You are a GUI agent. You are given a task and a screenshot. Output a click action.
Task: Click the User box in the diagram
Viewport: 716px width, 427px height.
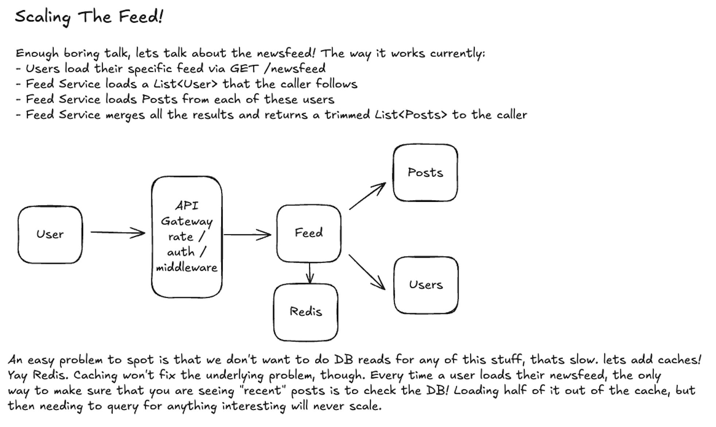pyautogui.click(x=50, y=234)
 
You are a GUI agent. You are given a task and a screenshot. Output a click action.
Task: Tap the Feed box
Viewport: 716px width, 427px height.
pyautogui.click(x=308, y=233)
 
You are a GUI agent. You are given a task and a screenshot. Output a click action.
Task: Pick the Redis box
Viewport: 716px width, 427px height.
pyautogui.click(x=306, y=312)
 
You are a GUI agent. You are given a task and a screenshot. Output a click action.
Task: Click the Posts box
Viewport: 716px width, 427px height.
pyautogui.click(x=425, y=173)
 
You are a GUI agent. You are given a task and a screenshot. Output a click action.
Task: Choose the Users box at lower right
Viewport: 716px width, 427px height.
pyautogui.click(x=425, y=285)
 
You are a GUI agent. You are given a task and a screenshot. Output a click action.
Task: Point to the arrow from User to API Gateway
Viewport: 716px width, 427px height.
pyautogui.click(x=117, y=232)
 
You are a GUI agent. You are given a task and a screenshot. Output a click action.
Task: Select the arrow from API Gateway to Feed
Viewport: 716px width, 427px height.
pyautogui.click(x=247, y=235)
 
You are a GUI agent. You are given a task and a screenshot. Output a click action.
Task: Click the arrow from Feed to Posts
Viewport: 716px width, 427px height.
pyautogui.click(x=367, y=196)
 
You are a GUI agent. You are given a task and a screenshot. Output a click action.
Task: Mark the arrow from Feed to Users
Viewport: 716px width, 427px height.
pyautogui.click(x=366, y=272)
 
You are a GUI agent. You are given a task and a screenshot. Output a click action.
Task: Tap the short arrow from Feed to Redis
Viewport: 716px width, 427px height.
pyautogui.click(x=310, y=273)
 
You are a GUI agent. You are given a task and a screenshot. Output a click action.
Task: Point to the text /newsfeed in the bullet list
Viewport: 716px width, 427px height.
pyautogui.click(x=295, y=69)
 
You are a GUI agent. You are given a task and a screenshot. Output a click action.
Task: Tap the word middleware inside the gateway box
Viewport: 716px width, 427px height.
pyautogui.click(x=186, y=268)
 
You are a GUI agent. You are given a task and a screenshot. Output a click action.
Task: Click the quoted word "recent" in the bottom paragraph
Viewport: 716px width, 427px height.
pyautogui.click(x=262, y=391)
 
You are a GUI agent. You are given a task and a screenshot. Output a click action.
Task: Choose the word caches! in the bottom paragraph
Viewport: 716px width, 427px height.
pyautogui.click(x=680, y=360)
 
